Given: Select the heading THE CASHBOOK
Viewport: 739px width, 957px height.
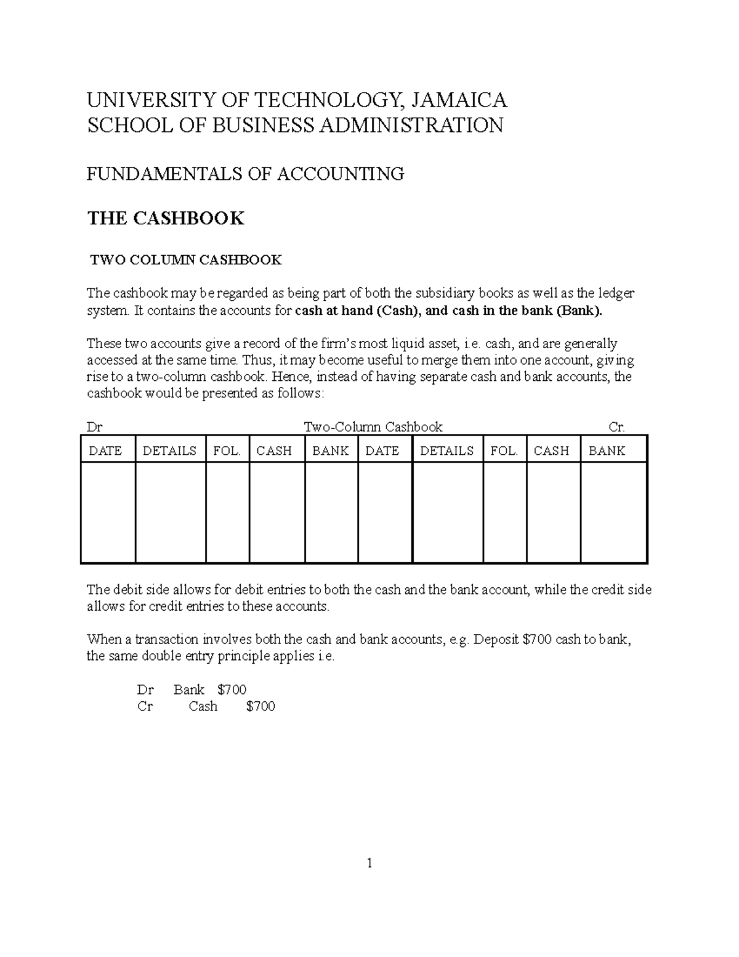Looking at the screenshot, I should click(166, 218).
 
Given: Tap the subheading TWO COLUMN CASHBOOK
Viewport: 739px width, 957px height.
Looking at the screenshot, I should click(186, 260).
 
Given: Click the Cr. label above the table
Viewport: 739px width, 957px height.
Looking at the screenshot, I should click(616, 427).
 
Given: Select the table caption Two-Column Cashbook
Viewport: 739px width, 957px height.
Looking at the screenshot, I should click(373, 427).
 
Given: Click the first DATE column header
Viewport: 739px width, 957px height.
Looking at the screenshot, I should click(105, 450).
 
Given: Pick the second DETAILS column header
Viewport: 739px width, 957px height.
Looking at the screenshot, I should click(446, 450).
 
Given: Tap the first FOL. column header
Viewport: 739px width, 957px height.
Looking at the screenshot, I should click(227, 450).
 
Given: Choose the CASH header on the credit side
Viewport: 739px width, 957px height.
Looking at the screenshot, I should click(551, 450).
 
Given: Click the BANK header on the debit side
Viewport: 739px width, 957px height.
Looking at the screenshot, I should click(330, 450).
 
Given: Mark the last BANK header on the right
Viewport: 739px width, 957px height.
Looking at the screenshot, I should click(607, 450).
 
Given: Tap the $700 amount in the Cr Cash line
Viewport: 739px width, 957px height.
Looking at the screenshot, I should click(260, 706).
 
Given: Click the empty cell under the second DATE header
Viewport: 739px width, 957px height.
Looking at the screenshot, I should click(385, 512).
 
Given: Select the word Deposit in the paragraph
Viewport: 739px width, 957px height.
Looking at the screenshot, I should click(496, 639).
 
